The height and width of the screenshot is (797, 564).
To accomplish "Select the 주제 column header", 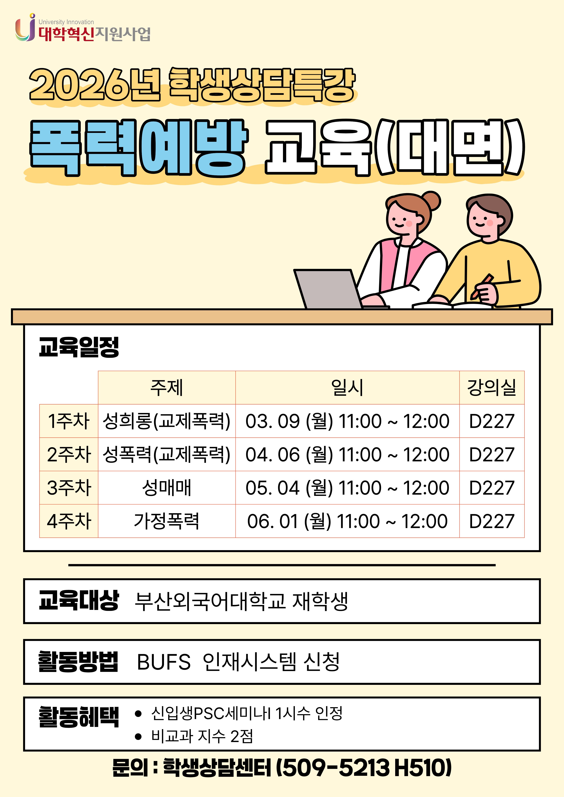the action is [x=167, y=387].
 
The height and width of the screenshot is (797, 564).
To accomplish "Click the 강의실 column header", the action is [x=492, y=387].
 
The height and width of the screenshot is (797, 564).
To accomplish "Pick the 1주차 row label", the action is [x=69, y=421].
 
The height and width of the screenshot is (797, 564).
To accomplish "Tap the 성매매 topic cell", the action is [x=167, y=487].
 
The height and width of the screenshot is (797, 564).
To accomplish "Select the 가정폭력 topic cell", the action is [x=167, y=521].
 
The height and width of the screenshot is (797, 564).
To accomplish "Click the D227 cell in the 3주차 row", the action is [x=492, y=487].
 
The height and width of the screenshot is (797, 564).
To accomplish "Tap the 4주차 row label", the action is [x=69, y=521].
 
